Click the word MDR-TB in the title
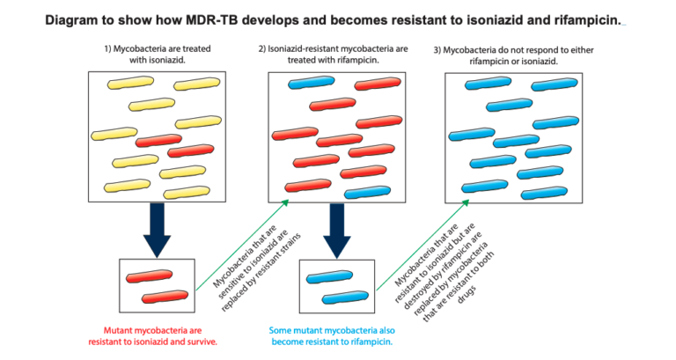210,18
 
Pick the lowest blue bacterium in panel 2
364,193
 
